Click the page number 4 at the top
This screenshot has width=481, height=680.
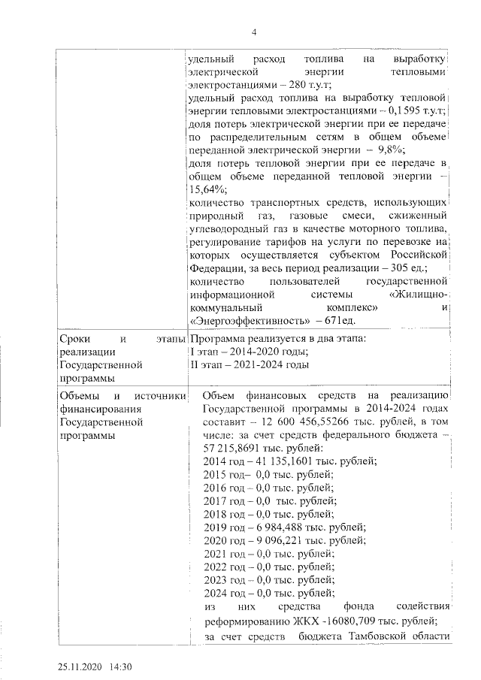253,32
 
